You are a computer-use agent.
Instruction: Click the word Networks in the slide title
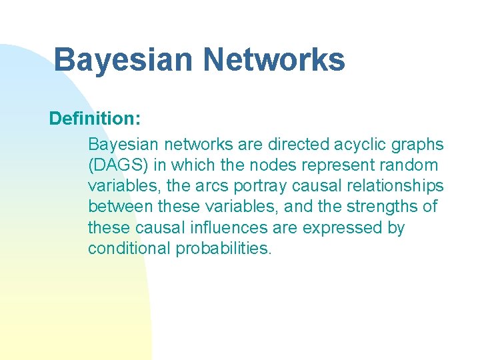tap(275, 60)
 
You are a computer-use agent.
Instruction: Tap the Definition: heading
tap(95, 119)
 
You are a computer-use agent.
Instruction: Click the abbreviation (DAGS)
tap(116, 165)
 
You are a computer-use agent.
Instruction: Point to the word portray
tap(257, 186)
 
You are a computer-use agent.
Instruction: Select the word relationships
tap(392, 186)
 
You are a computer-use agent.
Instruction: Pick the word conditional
tap(129, 249)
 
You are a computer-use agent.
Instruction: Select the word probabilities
tap(224, 249)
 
